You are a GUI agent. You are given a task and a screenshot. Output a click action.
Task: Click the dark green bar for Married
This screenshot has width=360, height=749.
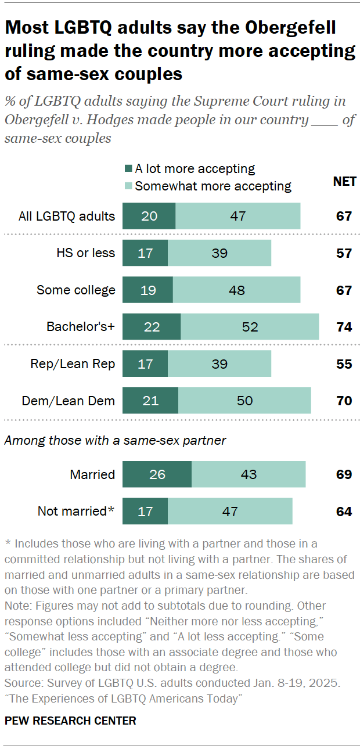(157, 474)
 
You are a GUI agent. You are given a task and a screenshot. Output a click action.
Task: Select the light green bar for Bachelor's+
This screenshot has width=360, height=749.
(250, 327)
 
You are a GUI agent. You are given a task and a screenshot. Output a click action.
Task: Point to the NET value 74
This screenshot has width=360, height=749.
(344, 327)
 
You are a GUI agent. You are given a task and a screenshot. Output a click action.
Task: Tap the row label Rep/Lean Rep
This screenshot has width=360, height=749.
(73, 364)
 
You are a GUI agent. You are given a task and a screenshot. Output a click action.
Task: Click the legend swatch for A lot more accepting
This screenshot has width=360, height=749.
(128, 170)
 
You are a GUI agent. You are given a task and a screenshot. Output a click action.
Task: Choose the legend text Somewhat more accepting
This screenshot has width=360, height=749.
(213, 186)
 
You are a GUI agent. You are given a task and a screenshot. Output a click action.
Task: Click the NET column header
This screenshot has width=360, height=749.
(344, 182)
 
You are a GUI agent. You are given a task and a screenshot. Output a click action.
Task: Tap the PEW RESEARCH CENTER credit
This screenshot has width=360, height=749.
(70, 721)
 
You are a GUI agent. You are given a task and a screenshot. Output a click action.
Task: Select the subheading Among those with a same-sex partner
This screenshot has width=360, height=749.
(115, 441)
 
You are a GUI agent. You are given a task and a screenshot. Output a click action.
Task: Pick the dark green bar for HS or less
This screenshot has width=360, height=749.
(145, 253)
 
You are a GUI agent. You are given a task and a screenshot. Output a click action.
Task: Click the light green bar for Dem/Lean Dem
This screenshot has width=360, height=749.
(244, 401)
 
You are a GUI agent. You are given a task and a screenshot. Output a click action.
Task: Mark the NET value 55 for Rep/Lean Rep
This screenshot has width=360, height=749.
(344, 364)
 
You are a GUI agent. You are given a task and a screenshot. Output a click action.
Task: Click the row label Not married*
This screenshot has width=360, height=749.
(76, 512)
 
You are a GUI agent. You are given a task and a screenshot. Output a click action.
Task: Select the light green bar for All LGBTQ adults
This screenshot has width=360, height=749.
(238, 216)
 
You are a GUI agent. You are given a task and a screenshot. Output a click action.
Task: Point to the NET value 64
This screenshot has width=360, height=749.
(344, 512)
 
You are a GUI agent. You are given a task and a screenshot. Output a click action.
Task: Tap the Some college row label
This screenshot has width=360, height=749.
(76, 290)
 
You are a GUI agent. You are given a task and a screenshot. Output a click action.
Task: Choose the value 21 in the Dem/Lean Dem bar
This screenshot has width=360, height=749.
(150, 401)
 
